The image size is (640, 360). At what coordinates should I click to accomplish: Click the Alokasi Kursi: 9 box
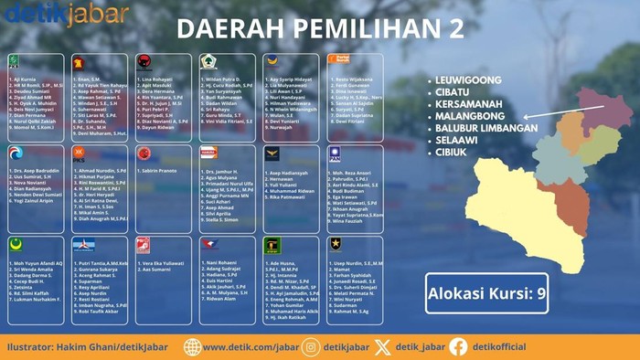coord(486,294)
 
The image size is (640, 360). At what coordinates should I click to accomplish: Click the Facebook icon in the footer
coord(458,346)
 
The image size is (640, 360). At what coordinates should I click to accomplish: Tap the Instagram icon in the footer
coord(311,346)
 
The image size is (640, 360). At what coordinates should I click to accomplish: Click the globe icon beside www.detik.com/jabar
coord(193,346)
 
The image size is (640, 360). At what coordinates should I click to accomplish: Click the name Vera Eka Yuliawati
coord(162,262)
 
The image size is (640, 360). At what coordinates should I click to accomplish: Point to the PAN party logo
coord(335,154)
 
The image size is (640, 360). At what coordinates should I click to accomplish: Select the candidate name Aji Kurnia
coord(25,80)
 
